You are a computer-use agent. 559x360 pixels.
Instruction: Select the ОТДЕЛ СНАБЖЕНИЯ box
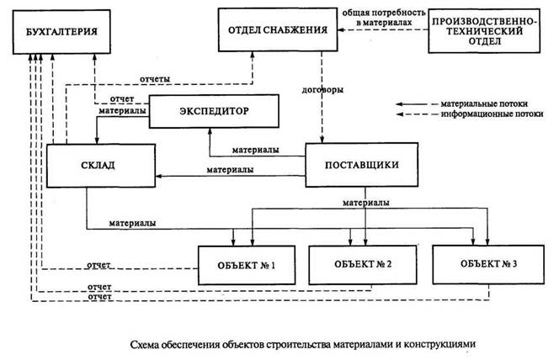[x=278, y=31]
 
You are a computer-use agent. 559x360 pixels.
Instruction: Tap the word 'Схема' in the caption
[x=148, y=343]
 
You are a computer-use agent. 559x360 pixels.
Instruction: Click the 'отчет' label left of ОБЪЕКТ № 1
[x=99, y=266]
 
